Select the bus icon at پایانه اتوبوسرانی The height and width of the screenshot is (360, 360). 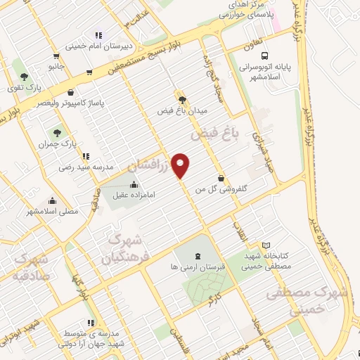(264, 56)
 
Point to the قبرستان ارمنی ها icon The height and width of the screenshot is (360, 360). (195, 254)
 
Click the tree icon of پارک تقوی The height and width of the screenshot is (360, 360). (24, 76)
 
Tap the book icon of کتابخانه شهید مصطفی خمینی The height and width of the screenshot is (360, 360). (265, 245)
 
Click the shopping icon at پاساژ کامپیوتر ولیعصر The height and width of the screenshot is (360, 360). (70, 92)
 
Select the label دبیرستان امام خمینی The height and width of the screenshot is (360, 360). (95, 46)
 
